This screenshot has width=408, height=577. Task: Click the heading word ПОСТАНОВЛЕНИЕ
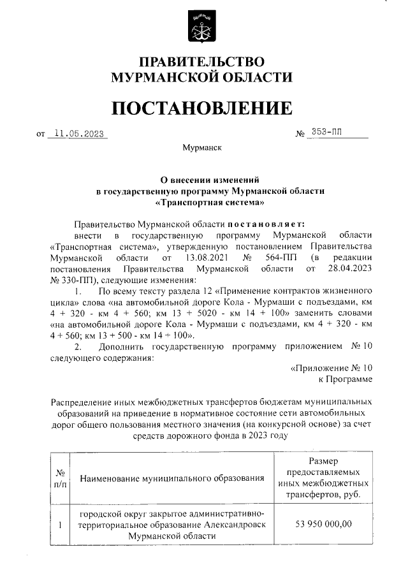(202, 108)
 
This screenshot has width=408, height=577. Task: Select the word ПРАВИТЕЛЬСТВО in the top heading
(201, 62)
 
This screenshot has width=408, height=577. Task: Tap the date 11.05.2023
(78, 134)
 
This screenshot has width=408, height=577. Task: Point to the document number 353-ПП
(326, 133)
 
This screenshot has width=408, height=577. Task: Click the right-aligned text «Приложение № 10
(331, 369)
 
